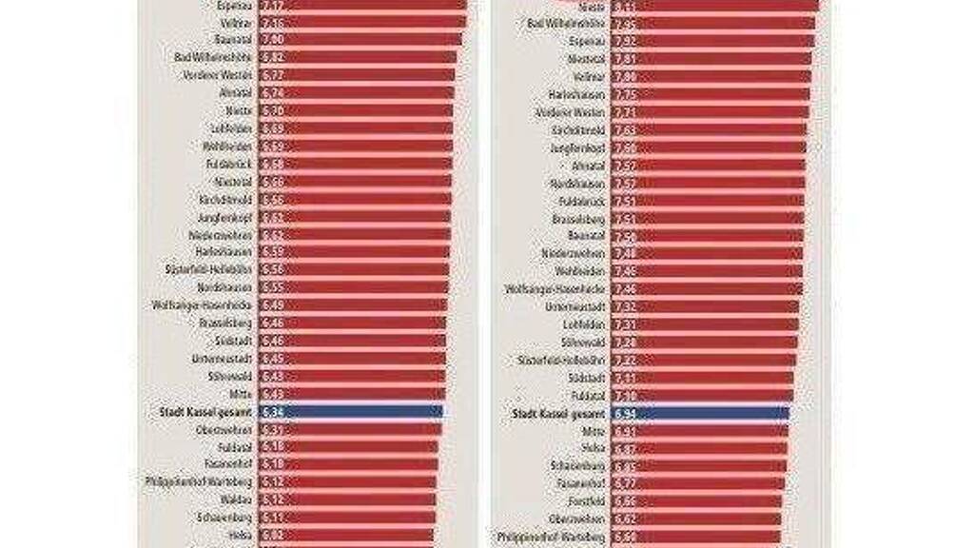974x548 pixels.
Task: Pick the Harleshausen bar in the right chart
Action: click(713, 94)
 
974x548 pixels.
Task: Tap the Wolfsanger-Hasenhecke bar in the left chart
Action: click(352, 305)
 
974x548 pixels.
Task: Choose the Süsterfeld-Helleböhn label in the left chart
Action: click(210, 269)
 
